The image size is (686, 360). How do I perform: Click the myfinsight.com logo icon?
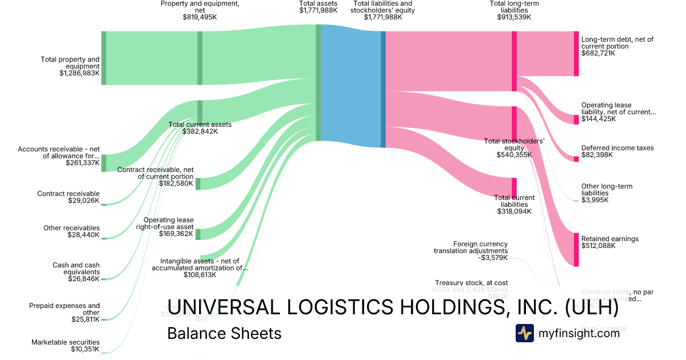click(x=524, y=333)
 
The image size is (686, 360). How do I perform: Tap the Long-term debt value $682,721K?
click(x=598, y=53)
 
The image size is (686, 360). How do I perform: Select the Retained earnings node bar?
click(x=576, y=249)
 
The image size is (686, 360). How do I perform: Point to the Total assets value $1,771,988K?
click(x=318, y=10)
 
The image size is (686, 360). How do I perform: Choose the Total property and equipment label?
click(x=70, y=63)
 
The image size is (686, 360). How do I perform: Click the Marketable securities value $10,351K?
click(x=85, y=349)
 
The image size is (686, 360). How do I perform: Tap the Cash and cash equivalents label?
click(x=76, y=269)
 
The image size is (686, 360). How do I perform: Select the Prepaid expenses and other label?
click(x=65, y=309)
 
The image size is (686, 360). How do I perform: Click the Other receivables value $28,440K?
click(x=85, y=235)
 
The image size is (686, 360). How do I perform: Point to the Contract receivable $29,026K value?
click(x=85, y=201)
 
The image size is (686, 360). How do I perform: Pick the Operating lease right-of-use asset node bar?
click(x=198, y=234)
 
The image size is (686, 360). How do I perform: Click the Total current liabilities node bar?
click(x=514, y=187)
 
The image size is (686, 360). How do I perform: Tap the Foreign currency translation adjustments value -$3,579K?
click(x=493, y=258)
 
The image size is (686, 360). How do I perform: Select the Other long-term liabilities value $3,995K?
click(x=595, y=200)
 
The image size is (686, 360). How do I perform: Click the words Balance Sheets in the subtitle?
click(x=224, y=333)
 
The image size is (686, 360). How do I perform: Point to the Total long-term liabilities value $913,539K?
click(x=514, y=17)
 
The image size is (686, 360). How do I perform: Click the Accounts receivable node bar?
click(x=103, y=163)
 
